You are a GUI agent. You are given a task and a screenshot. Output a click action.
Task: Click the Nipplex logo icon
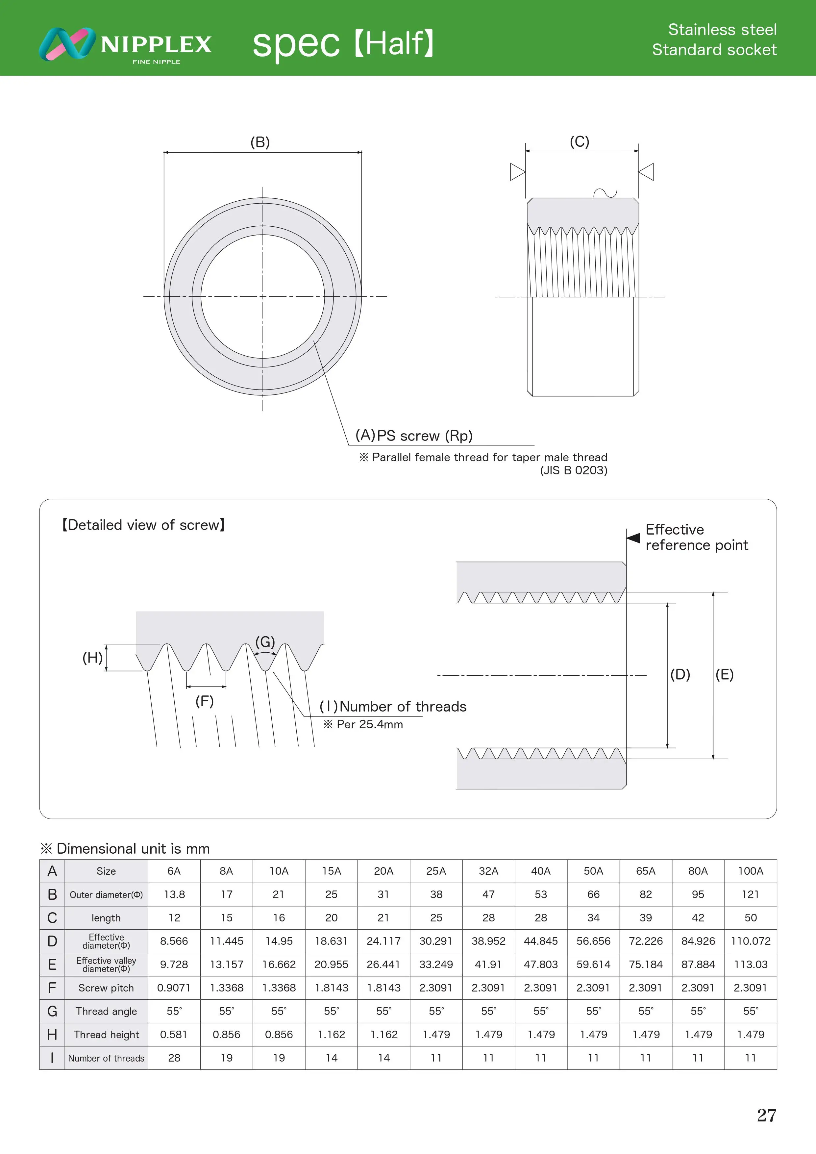pyautogui.click(x=67, y=44)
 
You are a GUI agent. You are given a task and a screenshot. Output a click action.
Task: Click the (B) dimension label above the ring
pyautogui.click(x=260, y=142)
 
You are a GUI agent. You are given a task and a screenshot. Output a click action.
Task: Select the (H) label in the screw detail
pyautogui.click(x=92, y=657)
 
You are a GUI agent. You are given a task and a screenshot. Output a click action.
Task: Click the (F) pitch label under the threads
pyautogui.click(x=205, y=701)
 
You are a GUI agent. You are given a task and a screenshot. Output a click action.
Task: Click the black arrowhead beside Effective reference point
pyautogui.click(x=633, y=538)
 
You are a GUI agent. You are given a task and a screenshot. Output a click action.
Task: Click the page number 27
pyautogui.click(x=766, y=1115)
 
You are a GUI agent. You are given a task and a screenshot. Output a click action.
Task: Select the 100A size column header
pyautogui.click(x=750, y=871)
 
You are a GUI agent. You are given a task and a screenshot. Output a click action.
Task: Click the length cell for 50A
pyautogui.click(x=593, y=918)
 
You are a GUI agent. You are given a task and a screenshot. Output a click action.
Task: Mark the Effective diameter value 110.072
pyautogui.click(x=750, y=941)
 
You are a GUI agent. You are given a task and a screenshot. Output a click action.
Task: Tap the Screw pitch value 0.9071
pyautogui.click(x=174, y=988)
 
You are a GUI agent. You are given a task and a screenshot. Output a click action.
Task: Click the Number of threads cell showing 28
pyautogui.click(x=174, y=1058)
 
